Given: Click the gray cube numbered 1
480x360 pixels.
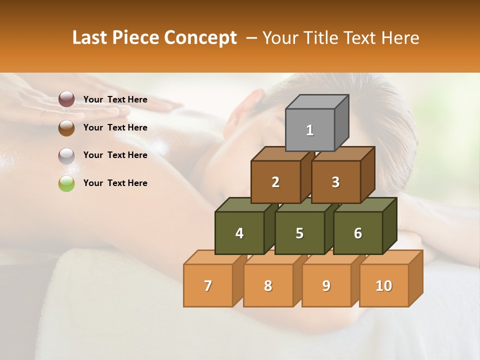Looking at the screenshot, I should pyautogui.click(x=310, y=130).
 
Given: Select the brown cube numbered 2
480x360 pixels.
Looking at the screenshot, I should pyautogui.click(x=275, y=182).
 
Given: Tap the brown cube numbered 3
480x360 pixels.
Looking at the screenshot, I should pyautogui.click(x=335, y=182).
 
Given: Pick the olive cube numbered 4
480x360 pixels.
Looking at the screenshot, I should pyautogui.click(x=239, y=233).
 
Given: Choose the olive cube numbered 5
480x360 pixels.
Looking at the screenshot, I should pyautogui.click(x=299, y=233).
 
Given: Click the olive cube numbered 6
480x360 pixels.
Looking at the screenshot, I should pyautogui.click(x=358, y=233).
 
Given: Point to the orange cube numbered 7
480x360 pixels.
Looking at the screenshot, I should pyautogui.click(x=208, y=285).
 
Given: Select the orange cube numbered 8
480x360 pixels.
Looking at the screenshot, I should pyautogui.click(x=268, y=285).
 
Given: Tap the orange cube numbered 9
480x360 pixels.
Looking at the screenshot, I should pyautogui.click(x=326, y=285).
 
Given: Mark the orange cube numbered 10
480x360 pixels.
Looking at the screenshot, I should pyautogui.click(x=384, y=285).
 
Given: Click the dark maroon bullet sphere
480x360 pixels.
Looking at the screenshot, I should pyautogui.click(x=66, y=99).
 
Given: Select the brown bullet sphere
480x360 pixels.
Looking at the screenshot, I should pyautogui.click(x=66, y=127).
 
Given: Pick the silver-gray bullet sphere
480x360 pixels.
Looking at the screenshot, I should pyautogui.click(x=66, y=155).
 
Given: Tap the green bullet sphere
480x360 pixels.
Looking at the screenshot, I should pyautogui.click(x=66, y=183).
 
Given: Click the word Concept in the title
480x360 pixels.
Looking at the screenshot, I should pyautogui.click(x=200, y=38).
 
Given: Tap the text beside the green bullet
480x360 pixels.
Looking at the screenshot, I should pyautogui.click(x=115, y=183).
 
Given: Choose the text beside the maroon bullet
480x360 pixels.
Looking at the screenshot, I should pyautogui.click(x=115, y=99).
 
